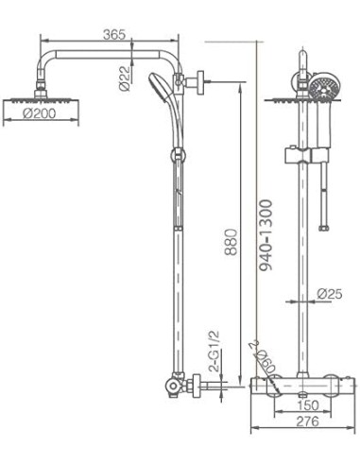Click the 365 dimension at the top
(x=113, y=35)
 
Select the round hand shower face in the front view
(x=321, y=89)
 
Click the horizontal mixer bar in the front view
(x=301, y=383)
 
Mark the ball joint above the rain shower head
(x=42, y=89)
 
